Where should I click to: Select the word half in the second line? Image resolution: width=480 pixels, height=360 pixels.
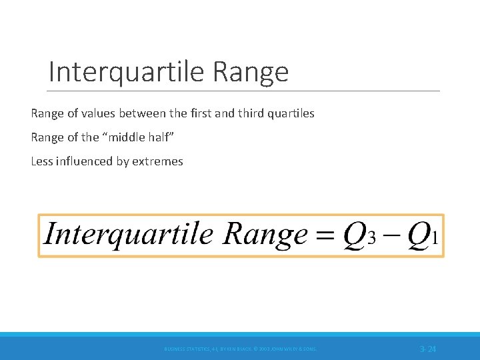point(158,137)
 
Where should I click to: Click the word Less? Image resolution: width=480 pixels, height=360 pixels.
point(42,161)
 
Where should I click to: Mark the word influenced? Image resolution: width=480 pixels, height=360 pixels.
point(85,161)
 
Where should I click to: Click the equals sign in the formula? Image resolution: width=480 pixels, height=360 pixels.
point(324,235)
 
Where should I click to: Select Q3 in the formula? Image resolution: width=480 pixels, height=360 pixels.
point(360,235)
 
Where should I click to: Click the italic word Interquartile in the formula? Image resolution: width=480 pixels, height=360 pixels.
point(128,235)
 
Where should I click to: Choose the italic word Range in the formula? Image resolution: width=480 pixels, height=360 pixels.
point(265,235)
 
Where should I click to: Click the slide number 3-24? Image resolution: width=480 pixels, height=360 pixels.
point(427,349)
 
